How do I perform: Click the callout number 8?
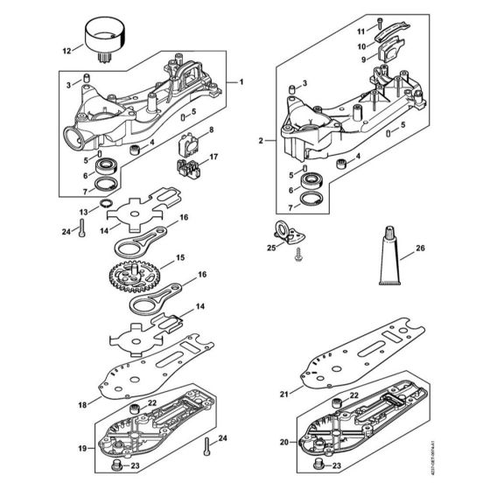[x=209, y=129]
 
